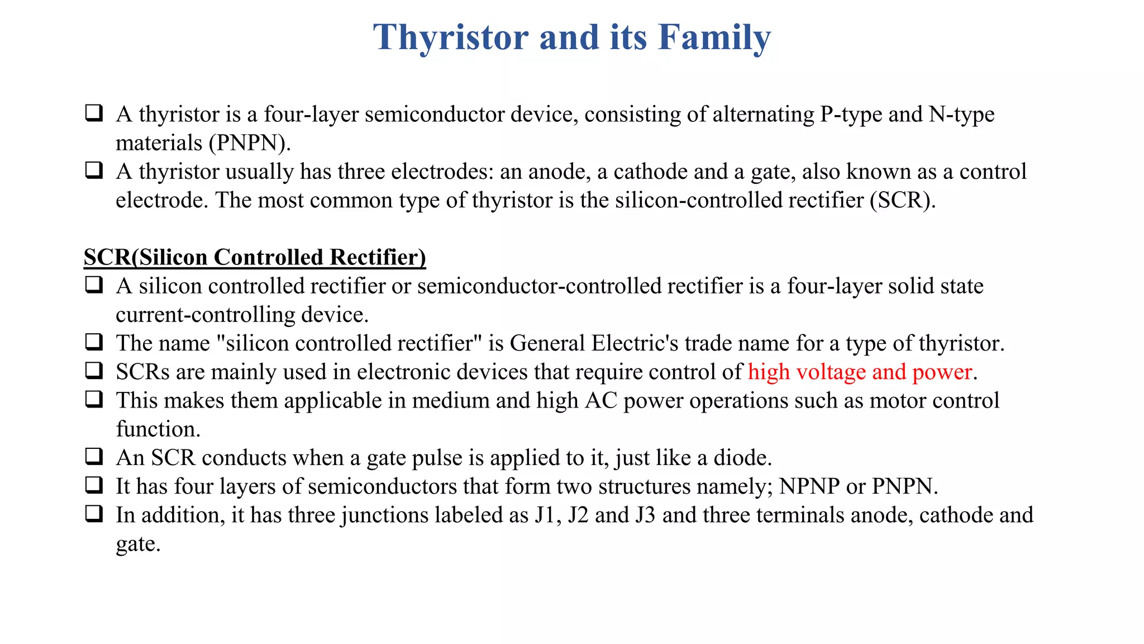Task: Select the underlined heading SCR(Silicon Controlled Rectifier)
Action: [x=255, y=258]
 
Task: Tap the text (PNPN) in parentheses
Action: [x=250, y=143]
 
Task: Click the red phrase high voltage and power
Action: [x=860, y=372]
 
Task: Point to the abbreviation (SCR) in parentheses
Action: [x=900, y=200]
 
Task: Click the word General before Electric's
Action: [x=547, y=343]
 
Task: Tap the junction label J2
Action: [x=578, y=515]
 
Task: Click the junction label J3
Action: [x=645, y=515]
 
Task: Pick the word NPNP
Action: [x=809, y=486]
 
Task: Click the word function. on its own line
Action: [x=158, y=429]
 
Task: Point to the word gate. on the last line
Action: [x=138, y=544]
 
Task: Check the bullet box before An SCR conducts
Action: [x=94, y=456]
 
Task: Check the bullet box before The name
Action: [x=94, y=342]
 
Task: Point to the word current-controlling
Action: [x=206, y=315]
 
